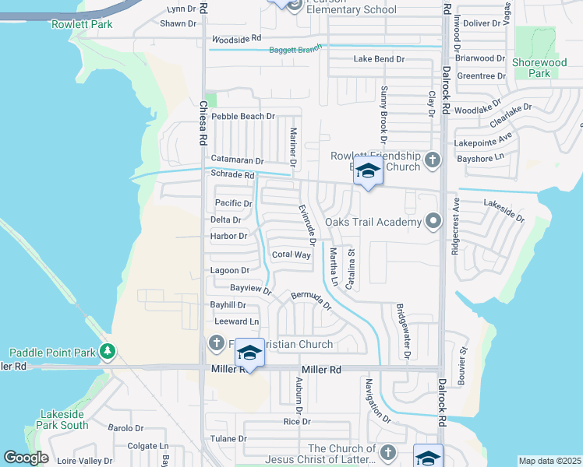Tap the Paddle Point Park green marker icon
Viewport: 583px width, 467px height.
point(108,353)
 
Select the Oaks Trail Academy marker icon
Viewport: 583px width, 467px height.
point(433,222)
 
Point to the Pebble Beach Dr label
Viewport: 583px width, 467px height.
point(244,116)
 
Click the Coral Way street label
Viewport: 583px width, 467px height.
point(291,255)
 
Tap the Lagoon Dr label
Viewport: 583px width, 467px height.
point(230,271)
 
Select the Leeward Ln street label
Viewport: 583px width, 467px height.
point(236,321)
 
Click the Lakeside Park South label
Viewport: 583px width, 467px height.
point(62,420)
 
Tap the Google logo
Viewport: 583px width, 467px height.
point(26,458)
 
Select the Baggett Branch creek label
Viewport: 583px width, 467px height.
point(295,51)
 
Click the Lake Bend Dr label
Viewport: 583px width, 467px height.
point(380,59)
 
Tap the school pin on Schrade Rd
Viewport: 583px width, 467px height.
point(367,170)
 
